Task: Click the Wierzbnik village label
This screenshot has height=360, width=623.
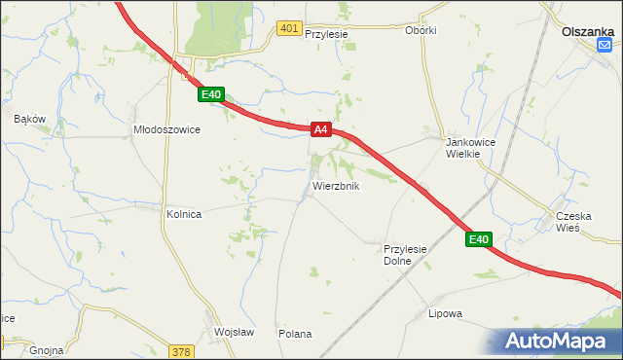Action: coord(336,185)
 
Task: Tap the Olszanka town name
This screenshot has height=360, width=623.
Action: coord(588,30)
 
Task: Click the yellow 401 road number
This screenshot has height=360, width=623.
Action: coord(288,29)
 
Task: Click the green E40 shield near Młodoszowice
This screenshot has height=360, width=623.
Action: coord(212,94)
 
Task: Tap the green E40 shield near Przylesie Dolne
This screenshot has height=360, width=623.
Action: coord(477,239)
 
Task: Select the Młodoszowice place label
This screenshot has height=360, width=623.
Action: coord(166,129)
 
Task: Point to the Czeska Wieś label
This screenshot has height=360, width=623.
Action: coord(572,221)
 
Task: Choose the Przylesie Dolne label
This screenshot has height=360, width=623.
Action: coord(406,255)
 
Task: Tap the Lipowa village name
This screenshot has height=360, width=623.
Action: coord(445,313)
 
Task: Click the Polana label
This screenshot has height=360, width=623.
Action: coord(295,334)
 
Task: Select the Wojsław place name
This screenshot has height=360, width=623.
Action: coord(234,332)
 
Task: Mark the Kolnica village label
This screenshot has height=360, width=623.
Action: coord(184,214)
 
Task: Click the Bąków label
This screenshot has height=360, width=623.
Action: coord(30,119)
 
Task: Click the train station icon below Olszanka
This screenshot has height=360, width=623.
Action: coord(605,45)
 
